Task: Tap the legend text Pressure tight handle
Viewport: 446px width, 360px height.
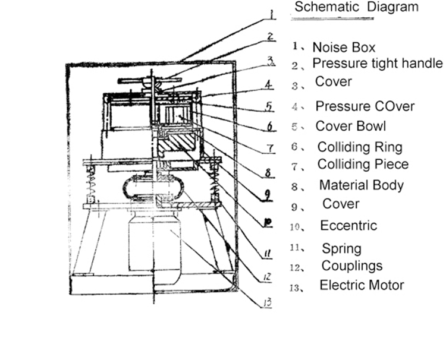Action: (x=378, y=63)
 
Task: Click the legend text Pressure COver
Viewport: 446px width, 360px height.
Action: (x=365, y=106)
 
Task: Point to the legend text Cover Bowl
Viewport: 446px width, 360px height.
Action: (x=350, y=126)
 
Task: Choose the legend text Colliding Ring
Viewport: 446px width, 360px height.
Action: (x=359, y=147)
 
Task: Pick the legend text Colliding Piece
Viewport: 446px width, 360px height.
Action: (x=362, y=164)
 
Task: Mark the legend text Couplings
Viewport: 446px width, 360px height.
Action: (x=351, y=266)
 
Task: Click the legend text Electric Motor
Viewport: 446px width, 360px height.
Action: (x=362, y=285)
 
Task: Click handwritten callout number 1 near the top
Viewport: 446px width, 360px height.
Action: (x=271, y=14)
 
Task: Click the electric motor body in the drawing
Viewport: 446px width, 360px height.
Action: (x=154, y=244)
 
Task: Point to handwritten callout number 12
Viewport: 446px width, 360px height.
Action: (x=268, y=277)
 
